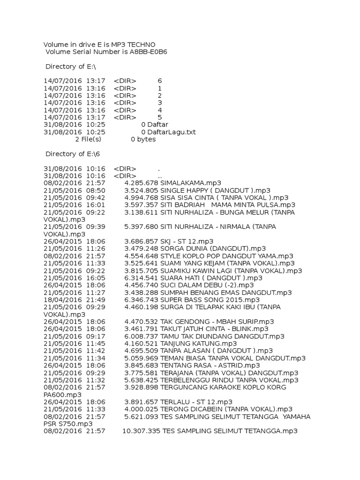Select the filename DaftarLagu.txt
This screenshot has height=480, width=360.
click(172, 132)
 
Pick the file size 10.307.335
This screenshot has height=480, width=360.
click(141, 431)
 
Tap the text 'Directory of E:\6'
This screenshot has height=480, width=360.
click(73, 154)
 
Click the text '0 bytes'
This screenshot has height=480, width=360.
click(143, 139)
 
